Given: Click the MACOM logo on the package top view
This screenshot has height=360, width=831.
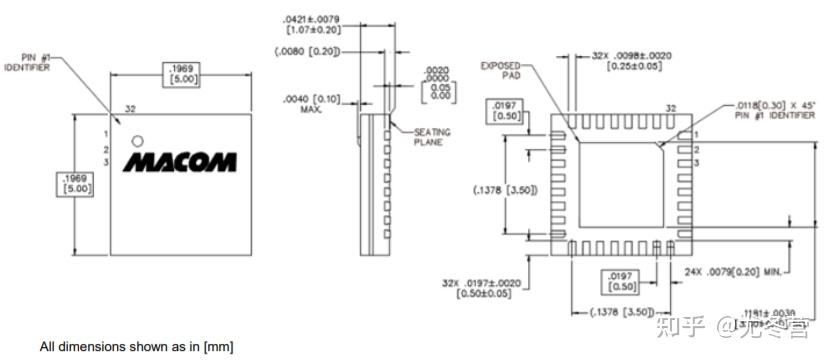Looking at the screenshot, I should (180, 161).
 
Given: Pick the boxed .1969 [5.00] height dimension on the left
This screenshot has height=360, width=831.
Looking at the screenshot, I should (76, 182).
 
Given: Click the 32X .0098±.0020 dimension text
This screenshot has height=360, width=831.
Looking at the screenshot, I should (631, 62).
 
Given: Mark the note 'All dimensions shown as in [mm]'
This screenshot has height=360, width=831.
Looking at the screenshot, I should (136, 346).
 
